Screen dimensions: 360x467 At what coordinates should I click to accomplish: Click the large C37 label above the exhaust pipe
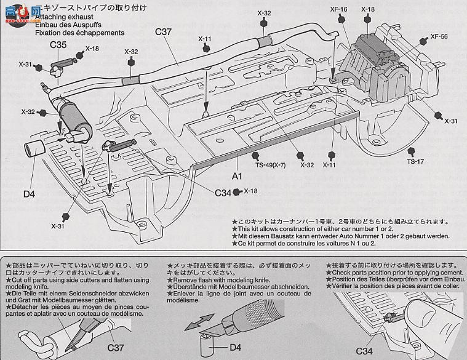163,33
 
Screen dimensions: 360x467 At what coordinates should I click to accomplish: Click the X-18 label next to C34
251,191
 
